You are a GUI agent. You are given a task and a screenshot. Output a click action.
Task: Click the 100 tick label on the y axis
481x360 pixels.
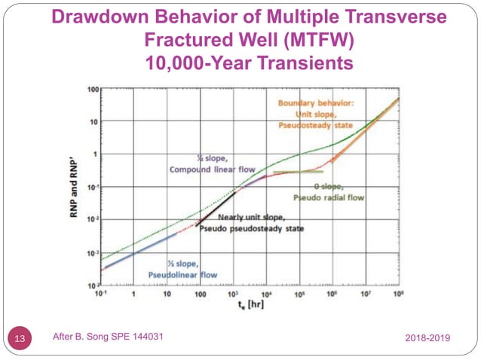pyautogui.click(x=92, y=89)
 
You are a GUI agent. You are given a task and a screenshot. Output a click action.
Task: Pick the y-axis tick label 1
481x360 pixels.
pyautogui.click(x=96, y=154)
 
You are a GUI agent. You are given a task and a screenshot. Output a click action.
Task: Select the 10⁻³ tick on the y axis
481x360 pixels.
pyautogui.click(x=91, y=253)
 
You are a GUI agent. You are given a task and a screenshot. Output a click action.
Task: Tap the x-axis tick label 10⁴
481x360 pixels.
pyautogui.click(x=266, y=294)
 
